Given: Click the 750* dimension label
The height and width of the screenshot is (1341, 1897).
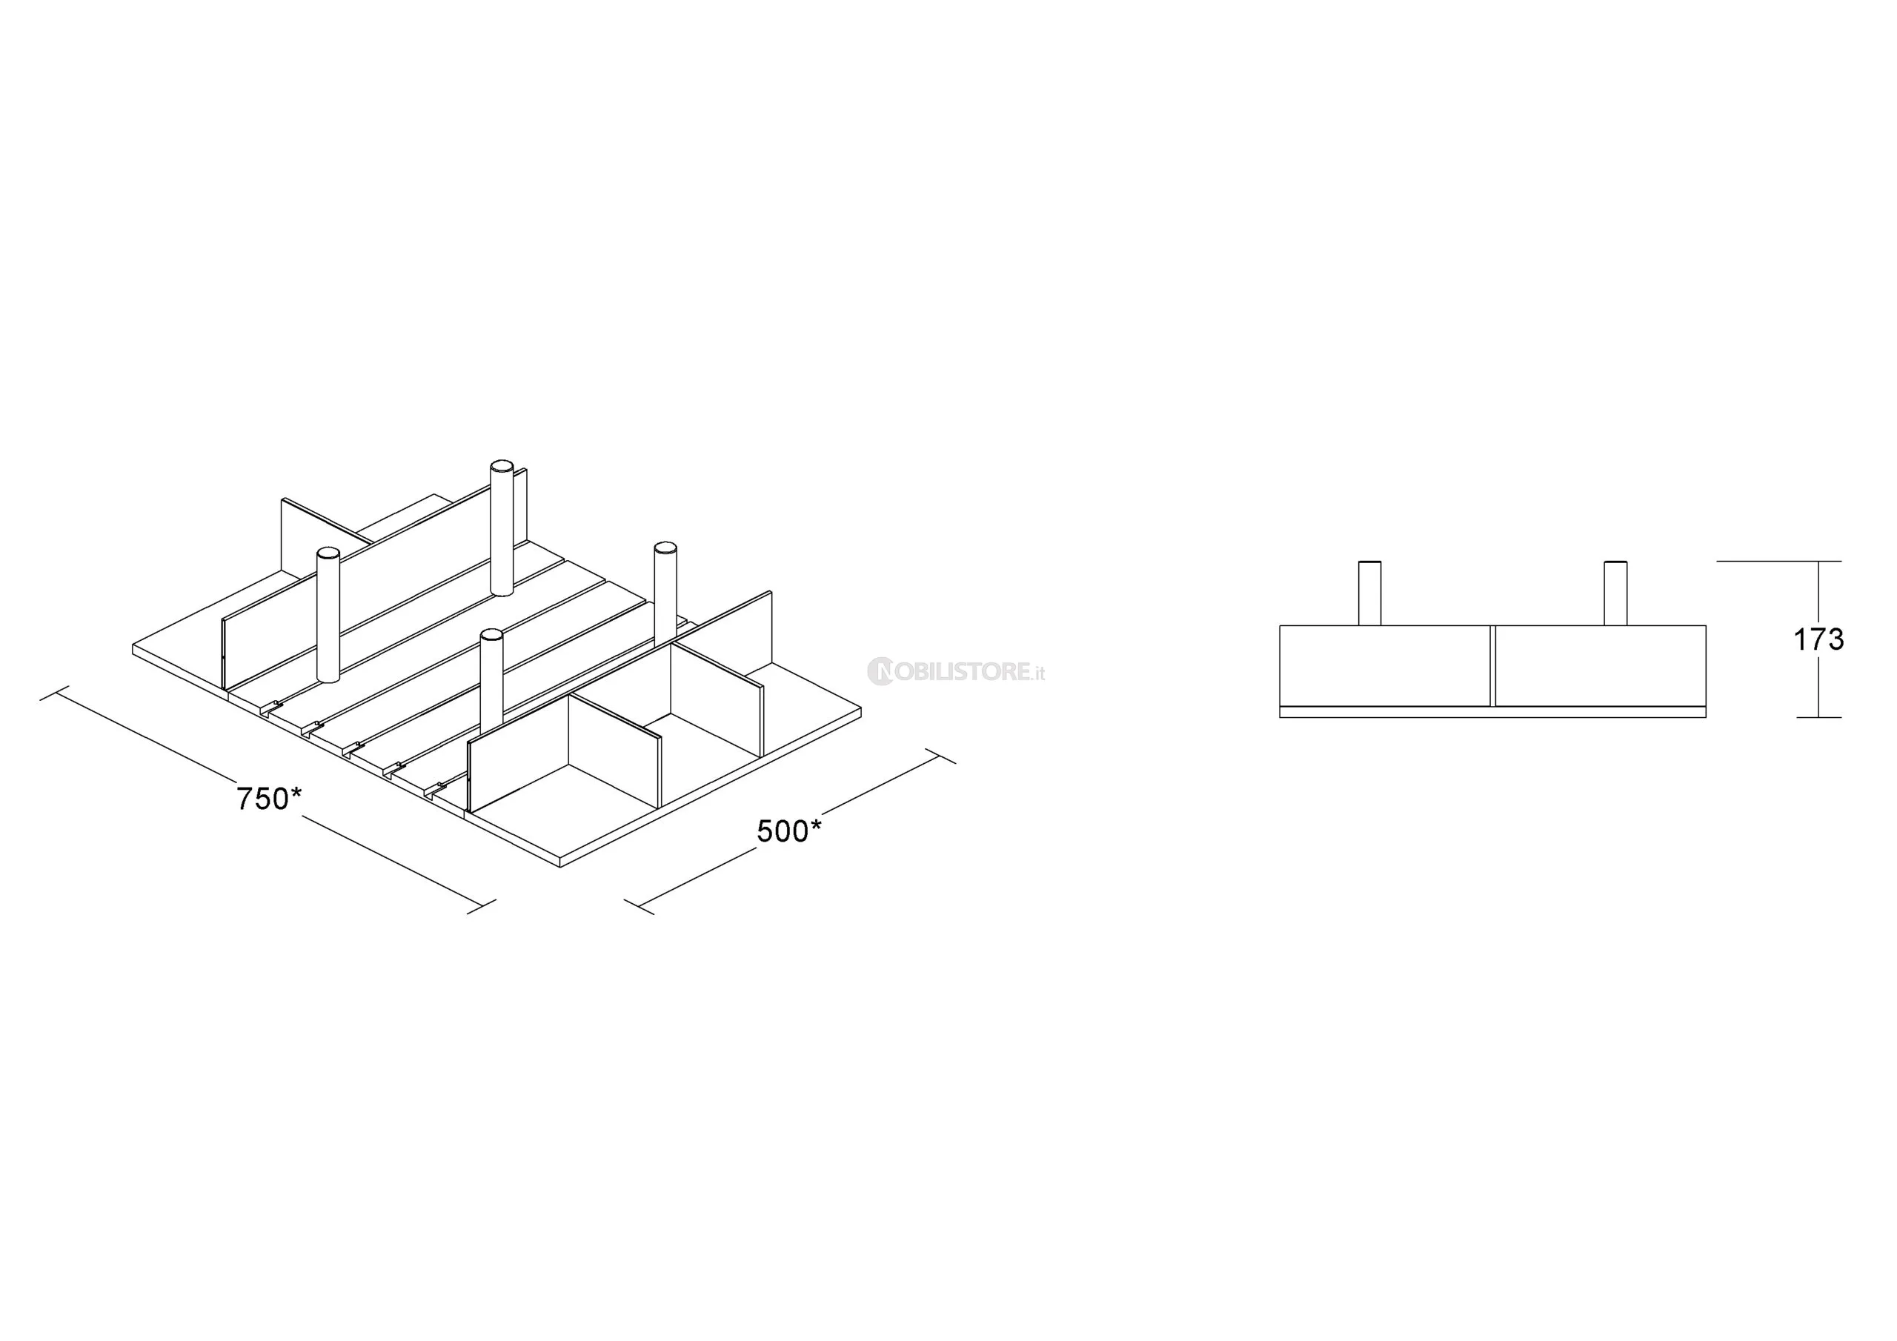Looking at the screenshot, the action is [269, 799].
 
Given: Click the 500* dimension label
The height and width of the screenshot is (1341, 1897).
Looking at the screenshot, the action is [789, 831].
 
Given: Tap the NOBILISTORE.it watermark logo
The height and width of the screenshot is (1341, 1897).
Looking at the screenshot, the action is [956, 672].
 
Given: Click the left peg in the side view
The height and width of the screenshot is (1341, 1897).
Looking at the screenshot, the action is [1369, 593].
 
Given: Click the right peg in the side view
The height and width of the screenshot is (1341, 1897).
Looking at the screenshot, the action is [1615, 593].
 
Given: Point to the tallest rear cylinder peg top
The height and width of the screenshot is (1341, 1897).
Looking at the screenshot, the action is [502, 467].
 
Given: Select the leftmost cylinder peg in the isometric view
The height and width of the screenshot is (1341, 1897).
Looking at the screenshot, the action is [328, 615].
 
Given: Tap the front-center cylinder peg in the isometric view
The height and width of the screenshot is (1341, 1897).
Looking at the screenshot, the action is [491, 682].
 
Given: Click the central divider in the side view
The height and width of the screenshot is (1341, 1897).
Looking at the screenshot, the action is [1493, 666].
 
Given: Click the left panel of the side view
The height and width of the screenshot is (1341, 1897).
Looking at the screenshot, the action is [1385, 666].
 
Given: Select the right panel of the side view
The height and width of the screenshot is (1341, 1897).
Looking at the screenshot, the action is [1601, 666].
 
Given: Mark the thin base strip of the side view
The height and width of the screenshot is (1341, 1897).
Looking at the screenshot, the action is [1493, 712].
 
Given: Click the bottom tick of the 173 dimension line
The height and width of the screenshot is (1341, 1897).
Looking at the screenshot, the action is [1818, 717].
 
